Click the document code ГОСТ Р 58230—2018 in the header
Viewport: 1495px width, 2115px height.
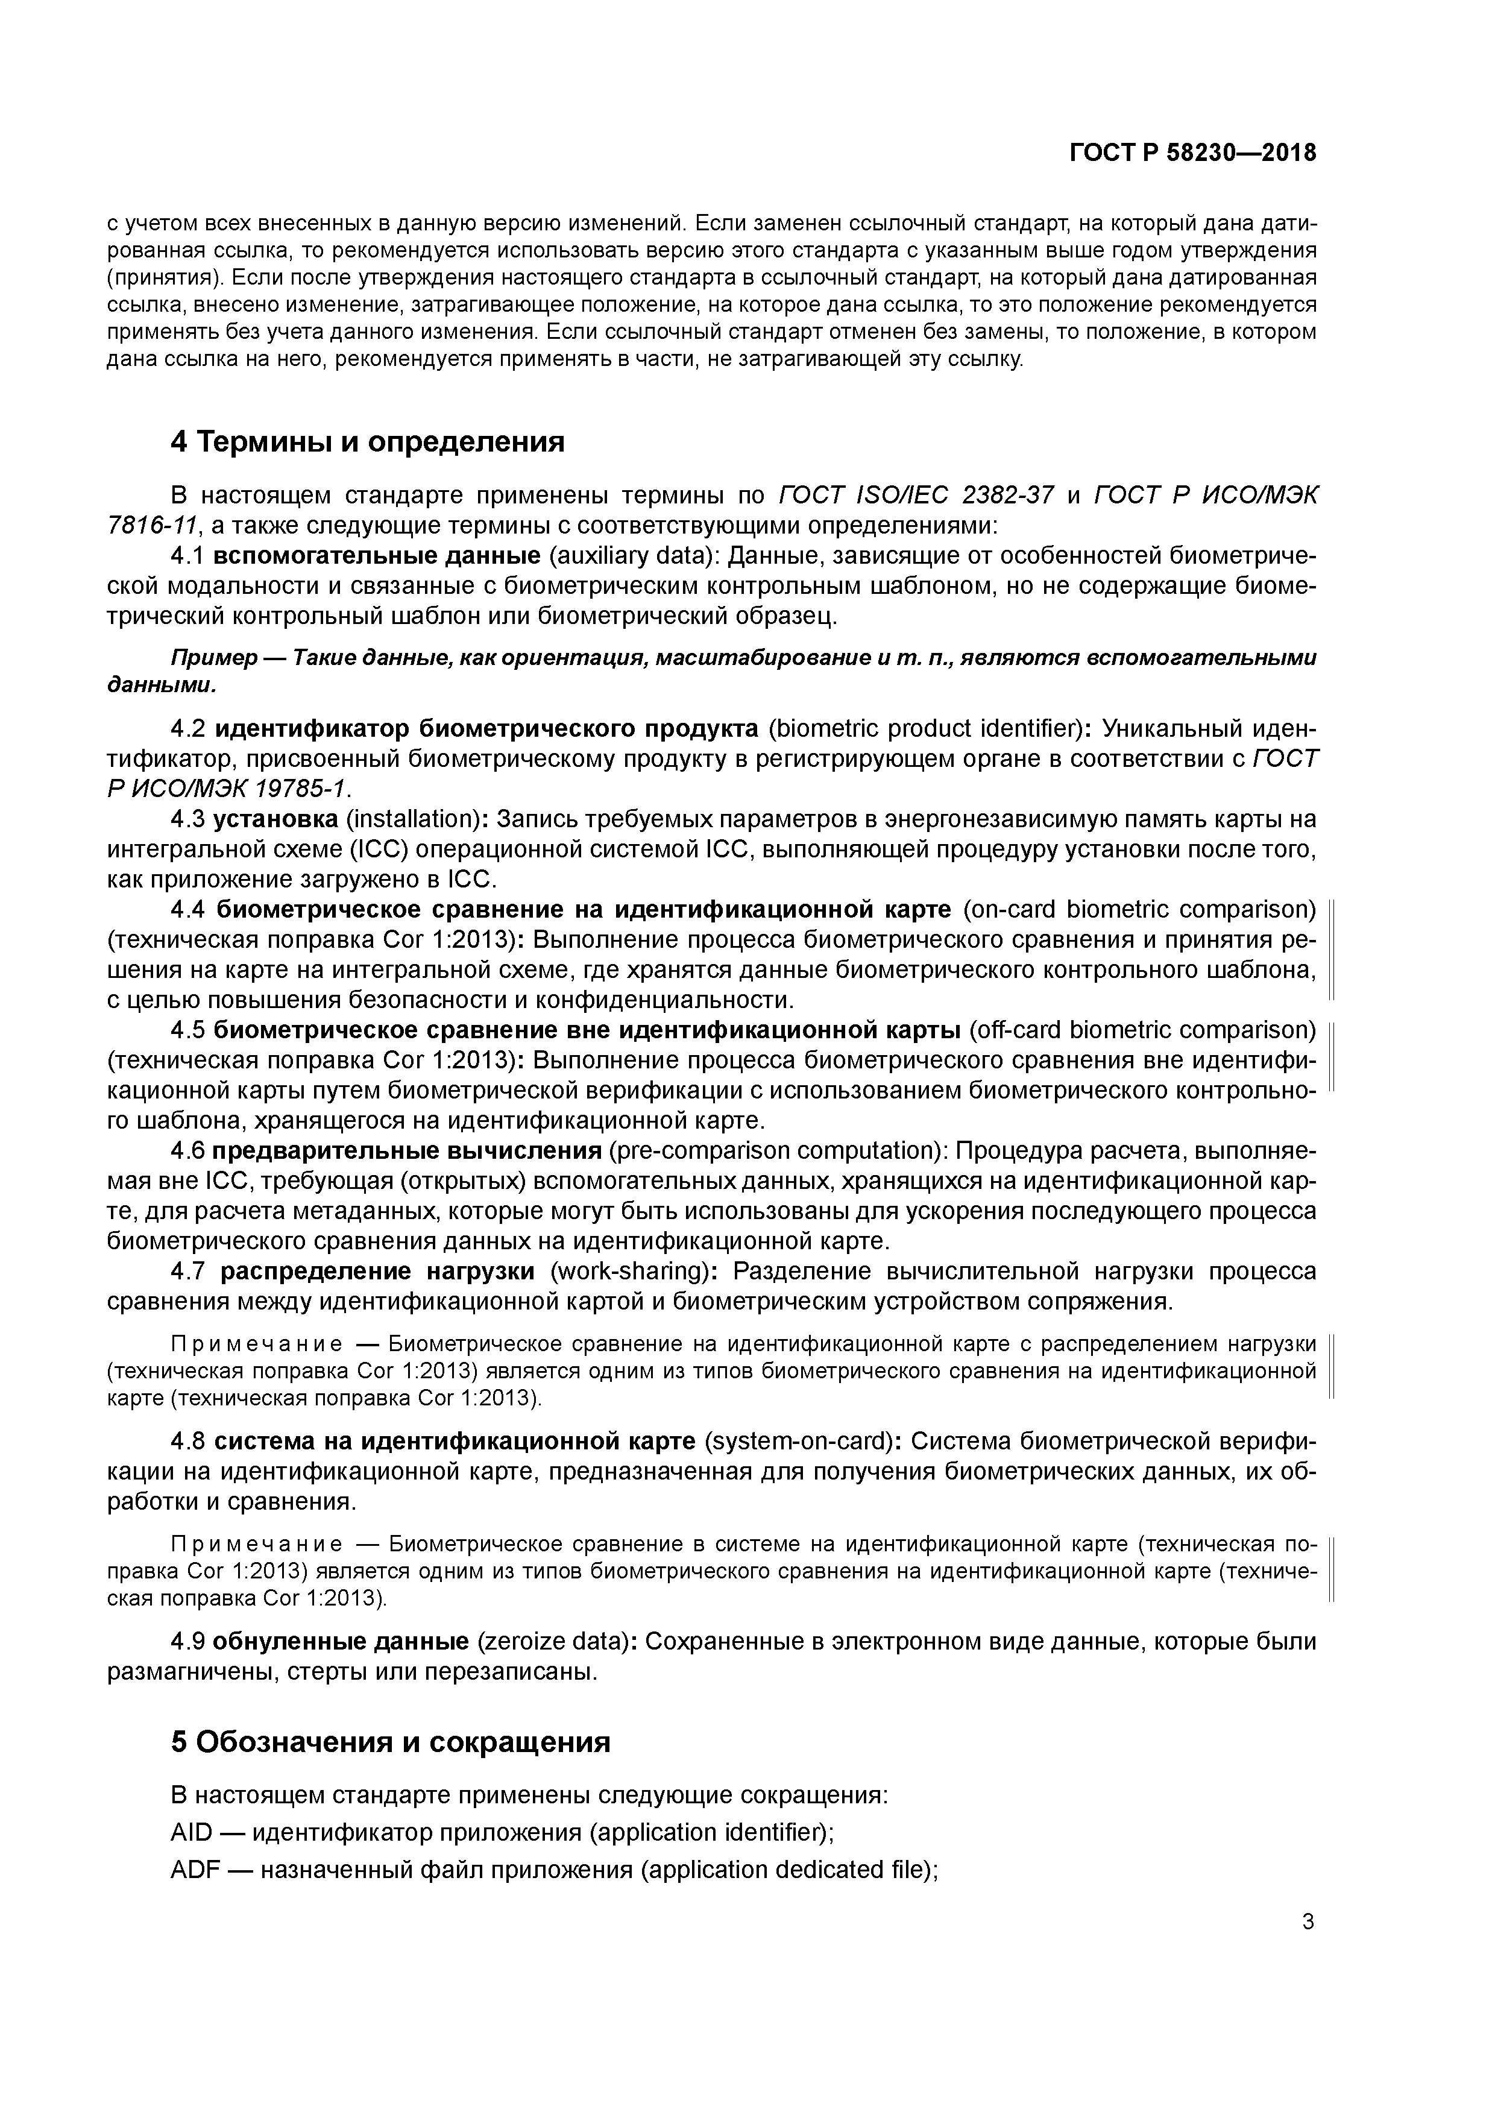1193,153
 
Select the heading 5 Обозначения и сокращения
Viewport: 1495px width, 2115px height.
391,1742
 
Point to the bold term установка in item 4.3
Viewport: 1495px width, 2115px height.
275,819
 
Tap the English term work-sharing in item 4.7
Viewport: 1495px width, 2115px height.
628,1271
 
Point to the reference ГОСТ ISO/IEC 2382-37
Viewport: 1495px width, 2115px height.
916,496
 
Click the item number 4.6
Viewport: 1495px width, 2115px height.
189,1150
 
